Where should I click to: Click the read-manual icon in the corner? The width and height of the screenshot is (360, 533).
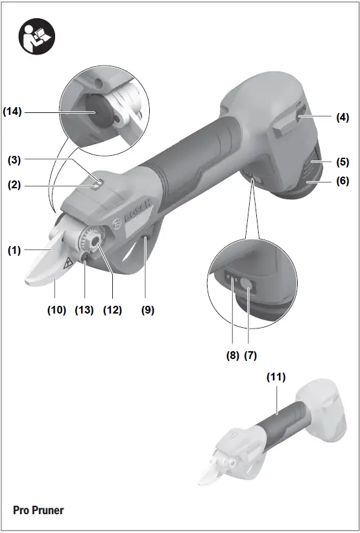tap(37, 36)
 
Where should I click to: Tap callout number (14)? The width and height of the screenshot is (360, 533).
tap(12, 112)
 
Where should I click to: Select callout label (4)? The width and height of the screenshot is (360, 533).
tap(342, 118)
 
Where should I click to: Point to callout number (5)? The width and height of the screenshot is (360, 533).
tap(342, 162)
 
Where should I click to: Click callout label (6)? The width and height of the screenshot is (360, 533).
tap(342, 181)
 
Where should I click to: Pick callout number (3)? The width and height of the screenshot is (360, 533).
tap(14, 160)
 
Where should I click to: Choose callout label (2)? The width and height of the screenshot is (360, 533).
tap(14, 185)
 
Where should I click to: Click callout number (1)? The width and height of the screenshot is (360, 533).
tap(14, 251)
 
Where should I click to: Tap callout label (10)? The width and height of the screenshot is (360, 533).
tap(56, 310)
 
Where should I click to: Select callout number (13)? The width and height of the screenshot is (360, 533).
tap(84, 310)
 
